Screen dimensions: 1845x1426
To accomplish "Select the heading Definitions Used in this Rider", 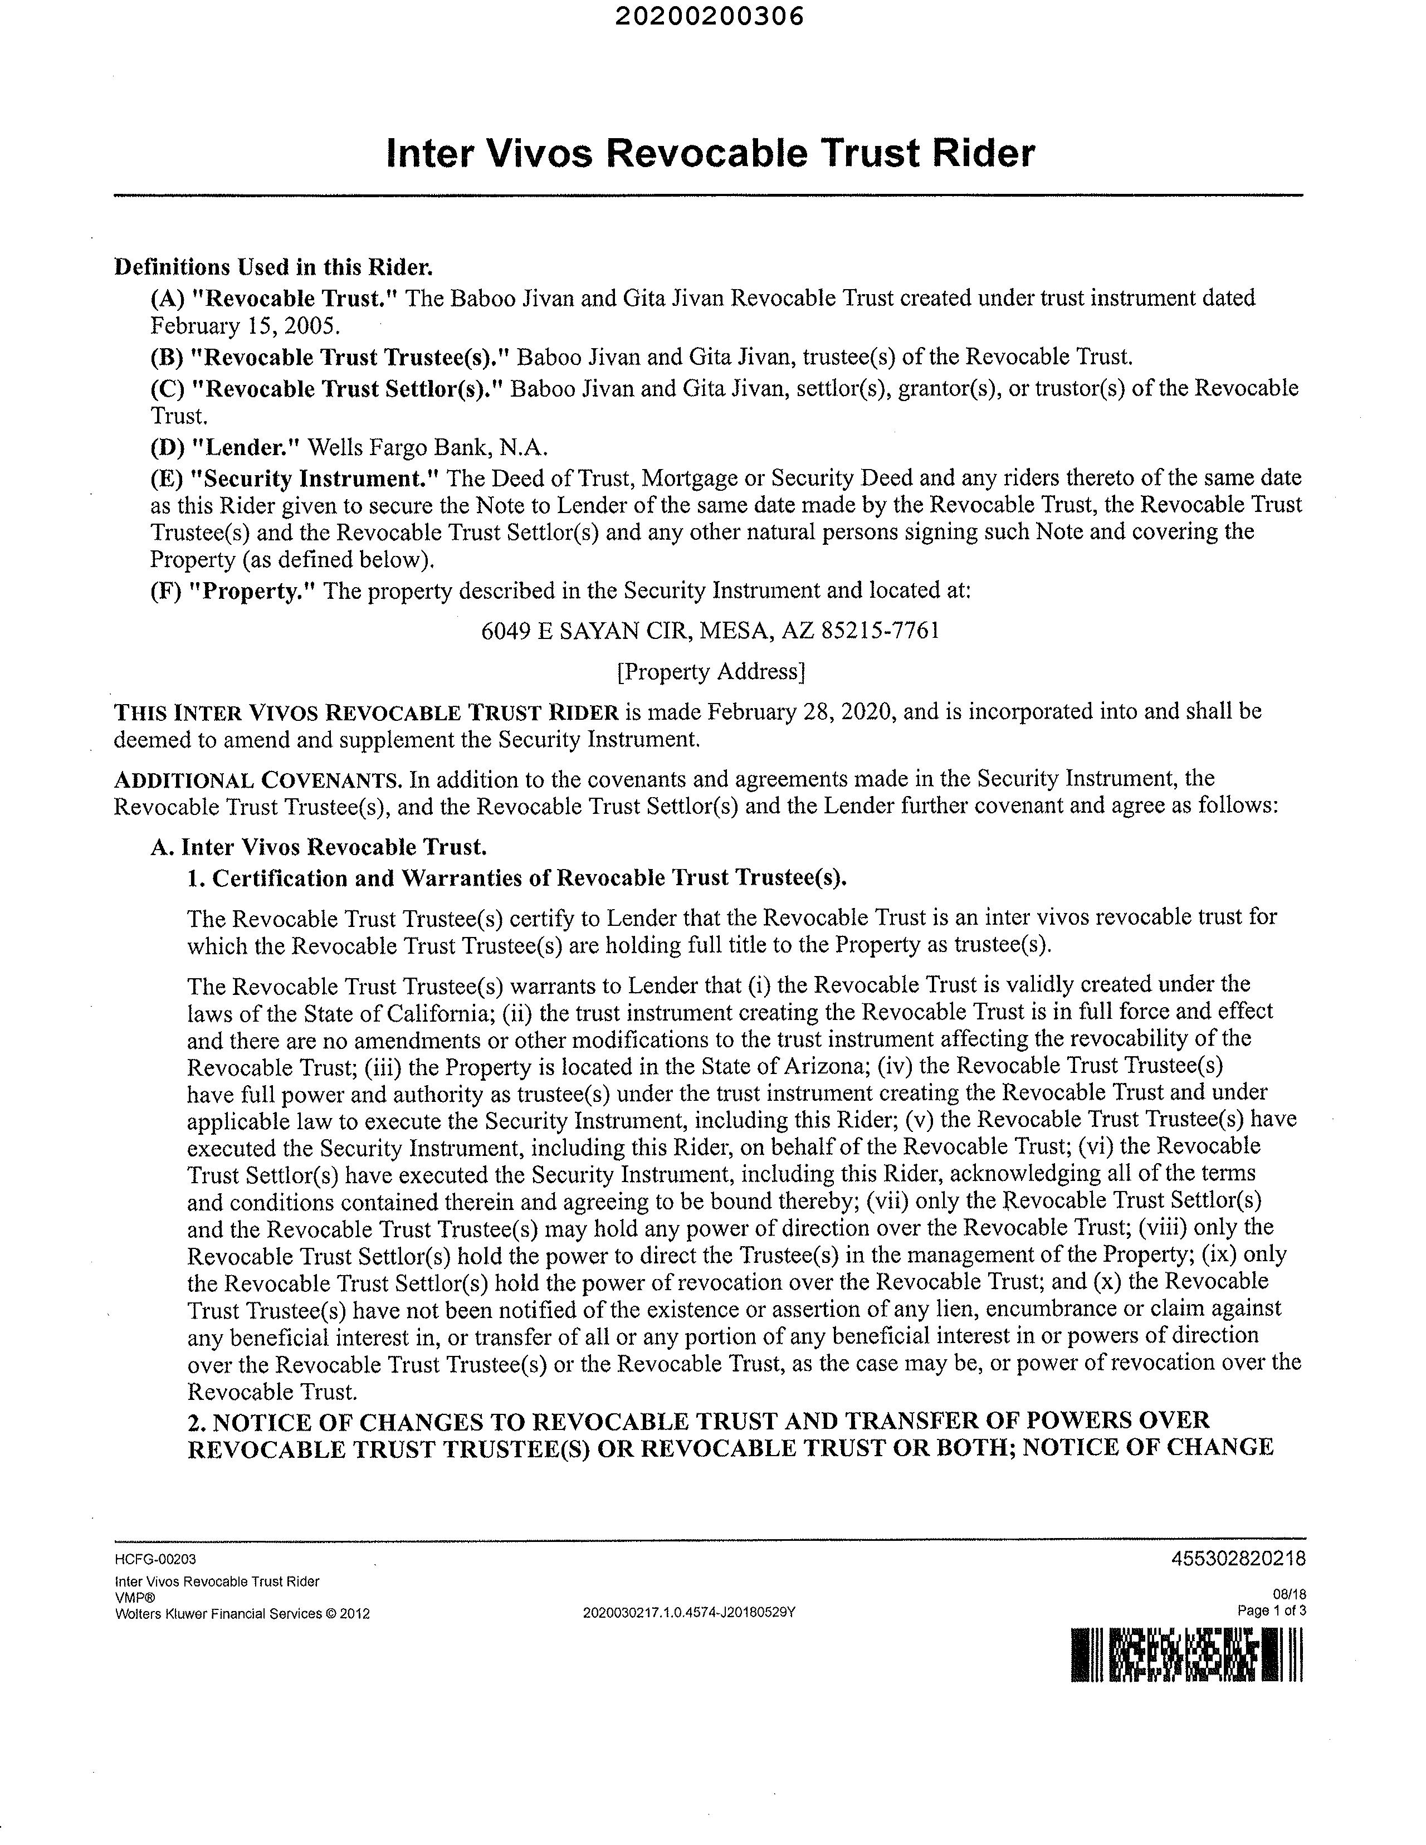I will point(274,267).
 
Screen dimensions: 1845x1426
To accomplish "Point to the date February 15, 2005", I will point(245,325).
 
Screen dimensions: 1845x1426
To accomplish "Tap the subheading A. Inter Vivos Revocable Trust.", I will point(319,847).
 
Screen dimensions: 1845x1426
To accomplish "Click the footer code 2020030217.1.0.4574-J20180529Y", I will point(690,1613).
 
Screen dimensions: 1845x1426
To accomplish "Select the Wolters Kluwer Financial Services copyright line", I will point(242,1613).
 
